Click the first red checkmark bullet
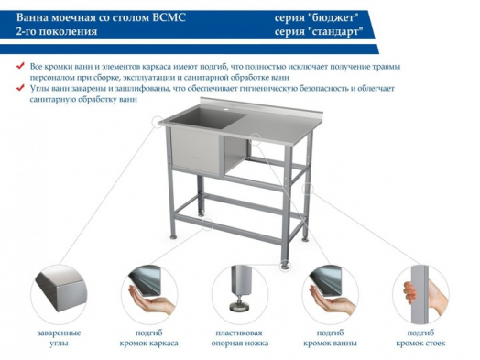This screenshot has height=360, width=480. (21, 67)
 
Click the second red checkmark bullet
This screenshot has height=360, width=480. (21, 88)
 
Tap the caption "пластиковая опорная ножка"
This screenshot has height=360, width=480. (240, 337)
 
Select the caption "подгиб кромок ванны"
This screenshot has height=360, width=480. (331, 337)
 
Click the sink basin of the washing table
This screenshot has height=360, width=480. (197, 147)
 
